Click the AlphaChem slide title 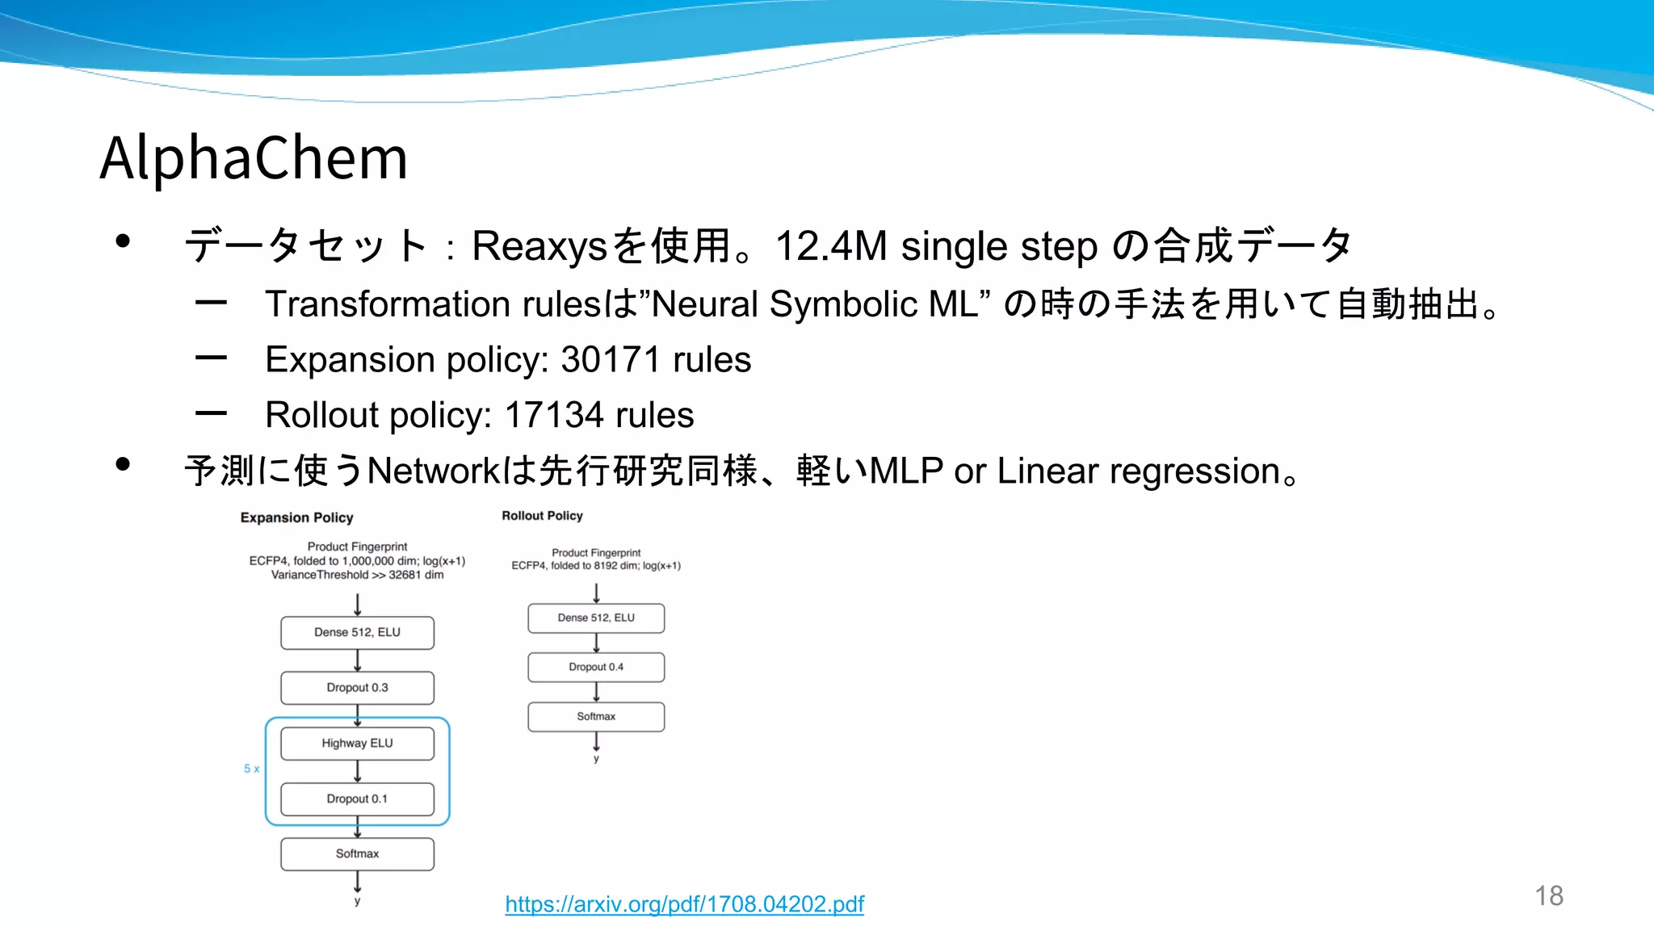tap(254, 157)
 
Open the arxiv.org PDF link tap(684, 904)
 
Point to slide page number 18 tap(1548, 895)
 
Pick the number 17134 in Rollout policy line tap(553, 416)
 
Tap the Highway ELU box tap(357, 744)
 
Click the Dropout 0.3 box tap(357, 688)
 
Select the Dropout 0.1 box tap(357, 798)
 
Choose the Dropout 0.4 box tap(596, 667)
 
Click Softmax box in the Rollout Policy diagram tap(596, 716)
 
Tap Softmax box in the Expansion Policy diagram tap(357, 853)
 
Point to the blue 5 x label tap(252, 769)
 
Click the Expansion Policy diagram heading tap(296, 517)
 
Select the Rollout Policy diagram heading tap(542, 516)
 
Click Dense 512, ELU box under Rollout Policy tap(596, 618)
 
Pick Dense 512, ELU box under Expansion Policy tap(357, 632)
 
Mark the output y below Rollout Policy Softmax tap(596, 759)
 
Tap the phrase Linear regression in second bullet tap(1139, 471)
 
